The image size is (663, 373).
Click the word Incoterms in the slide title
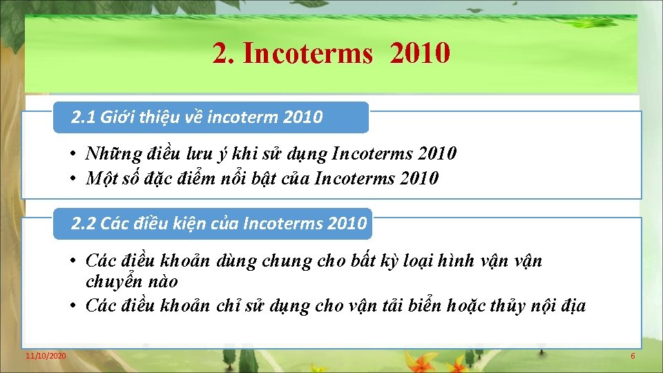point(307,53)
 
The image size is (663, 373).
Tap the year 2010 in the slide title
point(420,52)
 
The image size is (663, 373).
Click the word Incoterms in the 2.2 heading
point(280,223)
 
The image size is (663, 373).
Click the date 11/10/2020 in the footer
point(46,355)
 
